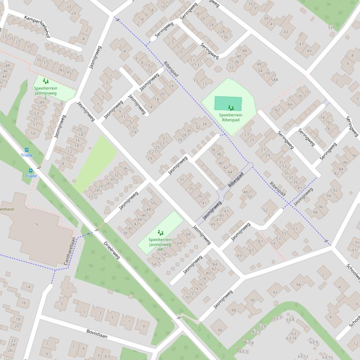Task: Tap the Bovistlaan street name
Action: coord(97,333)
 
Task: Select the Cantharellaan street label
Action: coord(69,251)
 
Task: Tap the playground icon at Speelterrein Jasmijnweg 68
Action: coord(160,232)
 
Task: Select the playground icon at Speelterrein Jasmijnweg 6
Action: coord(45,81)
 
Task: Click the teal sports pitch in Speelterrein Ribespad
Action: coord(228,103)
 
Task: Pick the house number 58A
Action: coord(274,80)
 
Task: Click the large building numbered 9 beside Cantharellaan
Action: coord(37,225)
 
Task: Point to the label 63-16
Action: coord(291,338)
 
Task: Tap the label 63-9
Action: coord(313,342)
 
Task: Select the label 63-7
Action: coord(277,318)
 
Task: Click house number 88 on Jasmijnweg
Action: coord(234,310)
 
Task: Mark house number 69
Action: coord(239,255)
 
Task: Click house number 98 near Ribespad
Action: coord(315,212)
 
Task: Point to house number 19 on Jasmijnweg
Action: coord(134,132)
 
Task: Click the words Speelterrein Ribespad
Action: coord(230,117)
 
